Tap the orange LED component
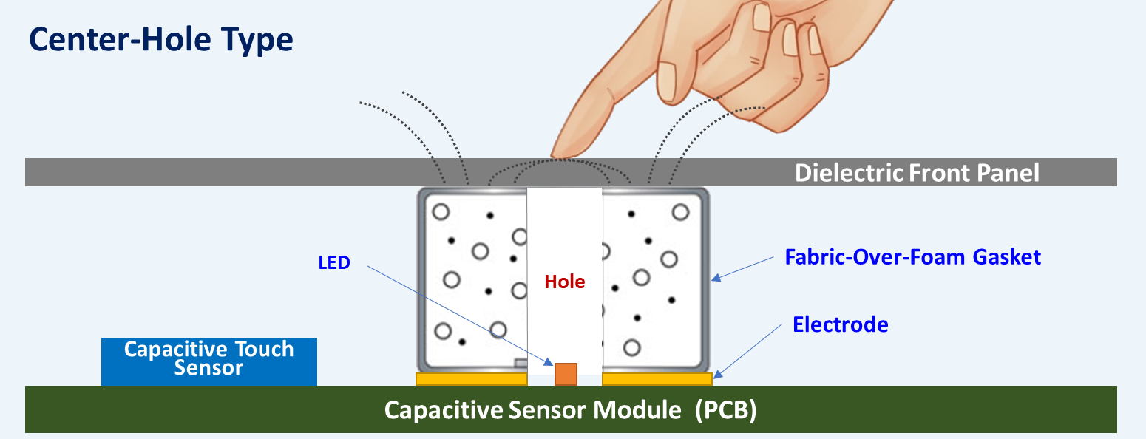[x=566, y=374]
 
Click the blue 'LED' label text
[x=334, y=262]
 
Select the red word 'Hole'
[x=565, y=282]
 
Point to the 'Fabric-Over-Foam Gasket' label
[x=912, y=257]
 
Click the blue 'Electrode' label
[x=840, y=324]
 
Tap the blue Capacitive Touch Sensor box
[x=209, y=361]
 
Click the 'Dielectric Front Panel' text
[x=917, y=173]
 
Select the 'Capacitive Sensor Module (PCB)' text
[x=570, y=411]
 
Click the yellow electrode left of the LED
[x=471, y=379]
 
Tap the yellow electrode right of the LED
[x=657, y=379]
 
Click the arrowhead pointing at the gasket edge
[x=714, y=279]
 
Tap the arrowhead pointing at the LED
[x=549, y=362]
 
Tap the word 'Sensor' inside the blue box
[x=209, y=368]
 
